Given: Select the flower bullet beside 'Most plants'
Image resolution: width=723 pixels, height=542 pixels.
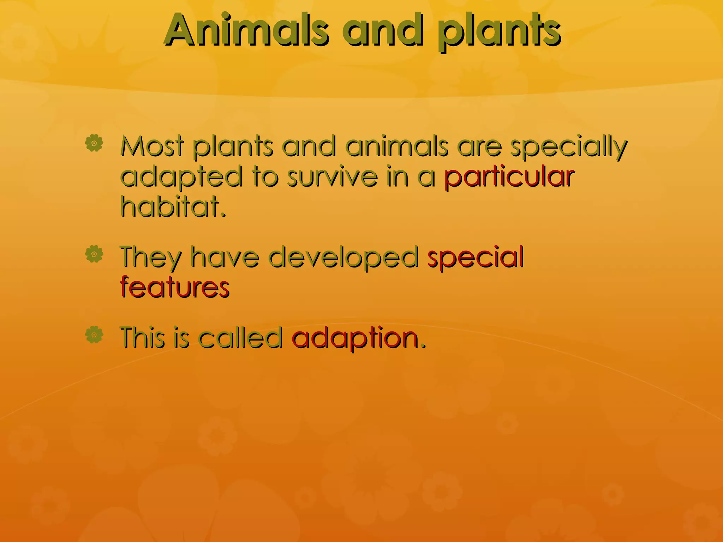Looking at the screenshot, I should click(x=94, y=143).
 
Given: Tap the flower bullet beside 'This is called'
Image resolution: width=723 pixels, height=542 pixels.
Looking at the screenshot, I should click(x=94, y=335).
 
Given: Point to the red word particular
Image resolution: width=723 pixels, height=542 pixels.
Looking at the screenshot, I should click(x=509, y=177).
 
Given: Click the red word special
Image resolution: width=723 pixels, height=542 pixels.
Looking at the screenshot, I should click(x=475, y=257).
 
